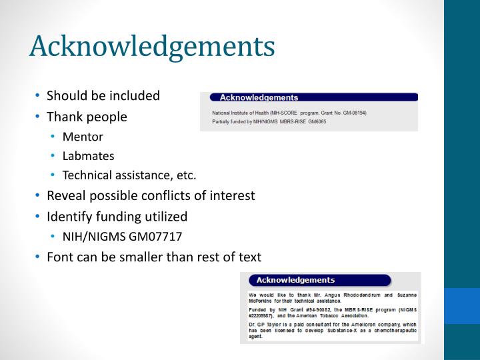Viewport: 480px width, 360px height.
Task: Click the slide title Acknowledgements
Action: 152,47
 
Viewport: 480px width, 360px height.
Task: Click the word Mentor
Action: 83,137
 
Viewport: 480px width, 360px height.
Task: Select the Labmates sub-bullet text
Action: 88,156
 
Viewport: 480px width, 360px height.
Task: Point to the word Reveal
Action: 65,196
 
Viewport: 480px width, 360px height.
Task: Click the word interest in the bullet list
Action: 233,196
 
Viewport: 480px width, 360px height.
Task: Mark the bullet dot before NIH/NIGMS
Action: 53,237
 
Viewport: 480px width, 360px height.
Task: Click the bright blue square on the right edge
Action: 461,305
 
